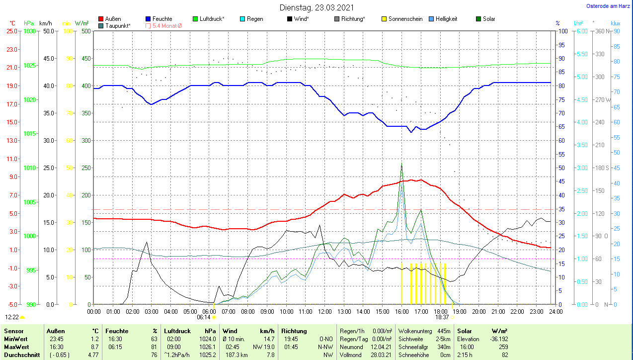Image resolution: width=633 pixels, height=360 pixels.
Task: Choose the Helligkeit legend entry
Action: click(446, 19)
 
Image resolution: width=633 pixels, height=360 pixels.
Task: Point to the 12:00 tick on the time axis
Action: click(324, 312)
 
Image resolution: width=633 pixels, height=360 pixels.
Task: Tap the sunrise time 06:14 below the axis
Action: click(204, 317)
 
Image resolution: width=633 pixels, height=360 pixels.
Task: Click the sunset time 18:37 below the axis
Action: click(442, 317)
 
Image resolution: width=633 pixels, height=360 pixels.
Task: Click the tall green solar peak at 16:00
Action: click(401, 164)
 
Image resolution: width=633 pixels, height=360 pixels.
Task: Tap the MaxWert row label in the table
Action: click(16, 347)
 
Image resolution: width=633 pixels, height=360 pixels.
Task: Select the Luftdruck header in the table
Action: click(178, 331)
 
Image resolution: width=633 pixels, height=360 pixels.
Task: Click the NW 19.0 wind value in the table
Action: click(265, 347)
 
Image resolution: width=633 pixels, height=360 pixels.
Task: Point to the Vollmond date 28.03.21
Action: click(382, 355)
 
